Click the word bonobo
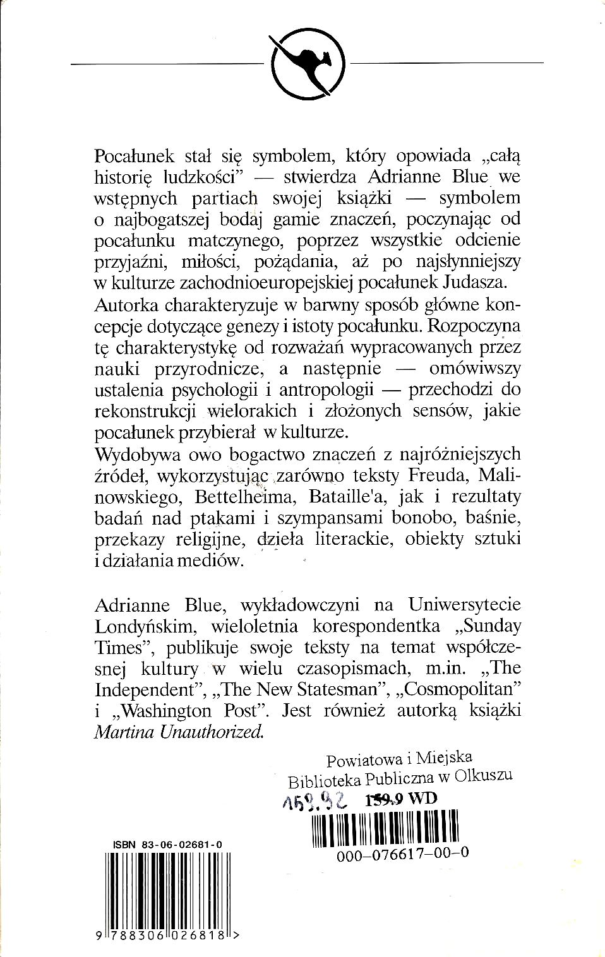tap(462, 518)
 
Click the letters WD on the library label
tap(422, 798)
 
